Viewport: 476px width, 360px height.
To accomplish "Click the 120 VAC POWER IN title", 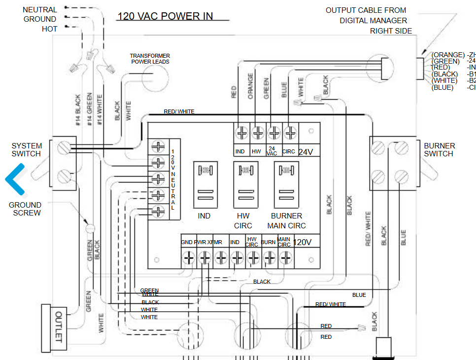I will [165, 16].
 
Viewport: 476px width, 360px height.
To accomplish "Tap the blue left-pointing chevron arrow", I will [15, 179].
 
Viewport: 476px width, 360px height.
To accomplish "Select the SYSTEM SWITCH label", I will [27, 149].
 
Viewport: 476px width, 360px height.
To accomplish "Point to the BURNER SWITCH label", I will [439, 149].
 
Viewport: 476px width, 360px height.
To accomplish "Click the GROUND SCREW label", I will [25, 209].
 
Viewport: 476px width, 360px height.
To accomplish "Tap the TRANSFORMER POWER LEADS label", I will [150, 59].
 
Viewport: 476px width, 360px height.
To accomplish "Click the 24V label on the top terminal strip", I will [306, 152].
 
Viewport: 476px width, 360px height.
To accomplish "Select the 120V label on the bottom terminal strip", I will [303, 242].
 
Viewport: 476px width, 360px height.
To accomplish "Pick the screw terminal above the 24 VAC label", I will [274, 132].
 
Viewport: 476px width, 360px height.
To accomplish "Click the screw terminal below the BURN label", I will [269, 257].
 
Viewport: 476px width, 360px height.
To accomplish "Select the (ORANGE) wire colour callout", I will [448, 55].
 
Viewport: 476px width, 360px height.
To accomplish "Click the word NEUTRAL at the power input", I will [40, 9].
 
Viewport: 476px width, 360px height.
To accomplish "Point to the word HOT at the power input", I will [49, 29].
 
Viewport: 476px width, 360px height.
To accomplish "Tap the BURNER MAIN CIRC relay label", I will [286, 221].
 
